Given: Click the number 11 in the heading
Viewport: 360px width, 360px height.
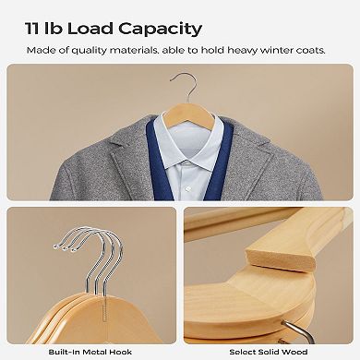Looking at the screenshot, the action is click(x=32, y=29).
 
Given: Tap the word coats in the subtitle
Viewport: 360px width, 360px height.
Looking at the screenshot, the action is click(x=313, y=51).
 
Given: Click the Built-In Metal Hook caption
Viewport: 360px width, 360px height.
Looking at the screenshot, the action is click(x=90, y=352).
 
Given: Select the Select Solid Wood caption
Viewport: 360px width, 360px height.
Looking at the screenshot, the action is click(x=269, y=352).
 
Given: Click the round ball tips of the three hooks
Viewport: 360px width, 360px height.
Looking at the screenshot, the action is click(x=65, y=247).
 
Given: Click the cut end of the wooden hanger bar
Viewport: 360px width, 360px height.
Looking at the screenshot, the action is click(x=280, y=259).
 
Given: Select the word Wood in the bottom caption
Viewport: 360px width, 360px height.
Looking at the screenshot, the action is click(x=296, y=352).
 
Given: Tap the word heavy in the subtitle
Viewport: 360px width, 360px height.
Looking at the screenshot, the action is click(x=243, y=51).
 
